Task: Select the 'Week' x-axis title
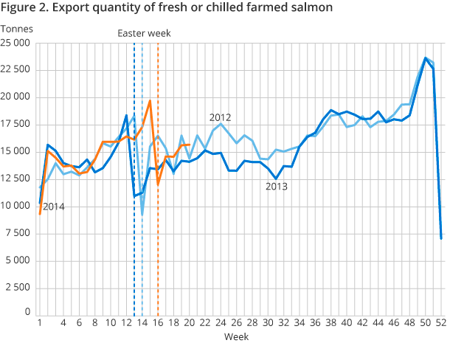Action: [x=237, y=336]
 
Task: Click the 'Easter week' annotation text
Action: [x=144, y=33]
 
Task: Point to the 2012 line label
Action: [x=221, y=117]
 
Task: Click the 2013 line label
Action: [x=277, y=187]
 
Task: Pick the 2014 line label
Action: [x=53, y=207]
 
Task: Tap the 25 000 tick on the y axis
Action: [x=16, y=43]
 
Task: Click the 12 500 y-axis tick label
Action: [x=16, y=179]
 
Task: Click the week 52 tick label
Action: [x=440, y=323]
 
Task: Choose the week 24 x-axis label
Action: [x=221, y=323]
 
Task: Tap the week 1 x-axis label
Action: [x=39, y=323]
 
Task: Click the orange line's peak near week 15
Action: [x=150, y=101]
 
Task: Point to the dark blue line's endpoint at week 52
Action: [x=441, y=238]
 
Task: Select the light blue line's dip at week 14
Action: [x=142, y=215]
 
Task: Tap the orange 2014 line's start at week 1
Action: [x=39, y=214]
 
